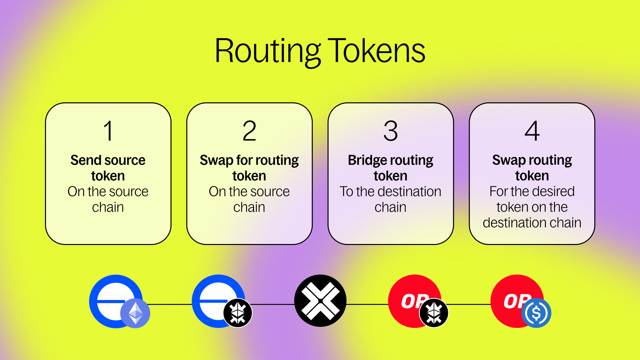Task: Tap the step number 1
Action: pyautogui.click(x=108, y=131)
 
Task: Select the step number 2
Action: pyautogui.click(x=249, y=131)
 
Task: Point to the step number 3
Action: pyautogui.click(x=391, y=131)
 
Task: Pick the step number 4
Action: pyautogui.click(x=532, y=131)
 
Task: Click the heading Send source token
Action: pyautogui.click(x=108, y=168)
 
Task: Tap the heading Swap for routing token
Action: pyautogui.click(x=249, y=168)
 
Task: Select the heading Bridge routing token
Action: pyautogui.click(x=391, y=168)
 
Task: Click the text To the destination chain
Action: pyautogui.click(x=391, y=199)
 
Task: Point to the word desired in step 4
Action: pyautogui.click(x=555, y=191)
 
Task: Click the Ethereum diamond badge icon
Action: pyautogui.click(x=135, y=313)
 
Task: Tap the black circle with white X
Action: pyautogui.click(x=320, y=301)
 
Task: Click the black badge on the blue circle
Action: pyautogui.click(x=238, y=313)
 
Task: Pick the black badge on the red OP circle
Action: pyautogui.click(x=434, y=313)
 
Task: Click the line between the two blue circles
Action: pyautogui.click(x=168, y=304)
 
